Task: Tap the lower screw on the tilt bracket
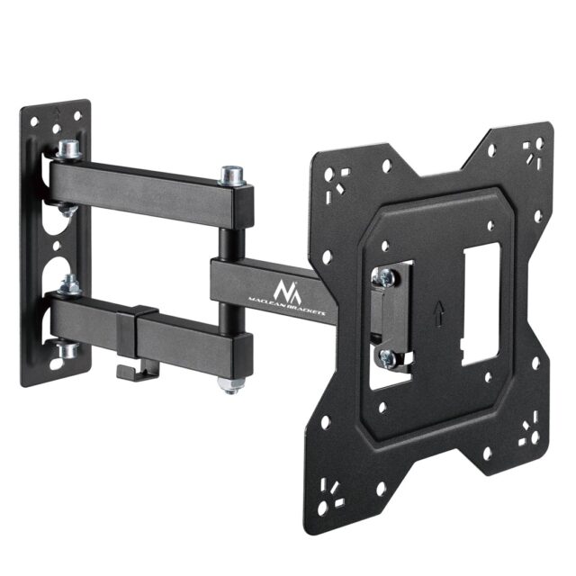coord(388,358)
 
